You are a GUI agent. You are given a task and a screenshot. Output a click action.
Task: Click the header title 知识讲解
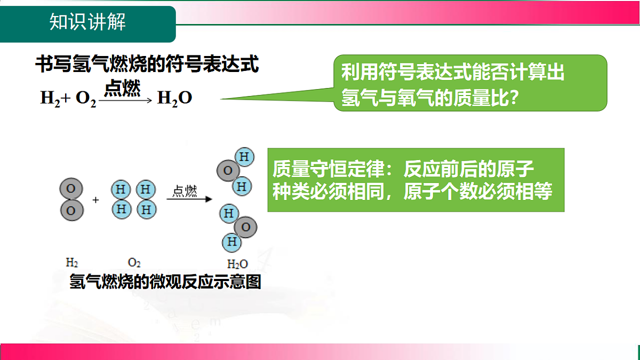point(87,23)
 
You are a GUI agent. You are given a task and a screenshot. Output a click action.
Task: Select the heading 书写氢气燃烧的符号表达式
point(147,65)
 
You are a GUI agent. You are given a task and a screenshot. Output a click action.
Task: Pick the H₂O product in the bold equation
point(174,98)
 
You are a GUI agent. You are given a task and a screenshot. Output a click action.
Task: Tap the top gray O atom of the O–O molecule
point(71,189)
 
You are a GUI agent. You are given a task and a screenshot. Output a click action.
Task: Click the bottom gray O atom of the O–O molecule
point(71,210)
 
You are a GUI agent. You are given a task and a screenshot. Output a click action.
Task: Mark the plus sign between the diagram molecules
point(96,200)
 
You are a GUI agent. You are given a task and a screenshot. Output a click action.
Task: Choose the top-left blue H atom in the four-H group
point(121,189)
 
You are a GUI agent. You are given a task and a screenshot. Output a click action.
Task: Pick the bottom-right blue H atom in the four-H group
point(146,209)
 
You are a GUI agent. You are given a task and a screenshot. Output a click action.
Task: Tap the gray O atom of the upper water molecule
point(228,171)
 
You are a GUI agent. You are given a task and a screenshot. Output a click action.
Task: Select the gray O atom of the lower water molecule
point(246,228)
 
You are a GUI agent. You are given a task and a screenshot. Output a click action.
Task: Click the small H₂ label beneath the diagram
point(72,262)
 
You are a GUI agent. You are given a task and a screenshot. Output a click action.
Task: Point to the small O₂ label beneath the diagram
point(134,262)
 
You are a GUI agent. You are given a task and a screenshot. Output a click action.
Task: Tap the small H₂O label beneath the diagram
point(237,263)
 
